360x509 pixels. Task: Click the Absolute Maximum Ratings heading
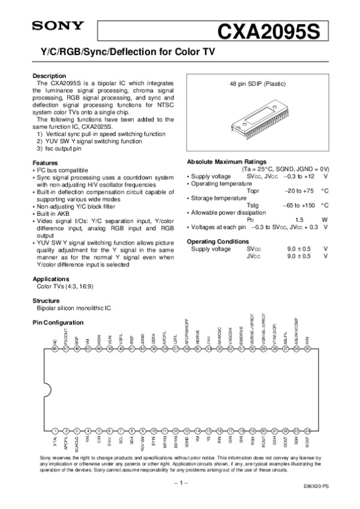(226, 162)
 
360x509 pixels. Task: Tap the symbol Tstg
(253, 204)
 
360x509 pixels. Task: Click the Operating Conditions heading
(218, 240)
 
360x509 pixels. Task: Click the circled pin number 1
(55, 430)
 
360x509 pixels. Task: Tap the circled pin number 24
(307, 430)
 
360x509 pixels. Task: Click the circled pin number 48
(55, 348)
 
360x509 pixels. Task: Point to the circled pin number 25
(307, 348)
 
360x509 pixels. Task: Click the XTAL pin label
(55, 442)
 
